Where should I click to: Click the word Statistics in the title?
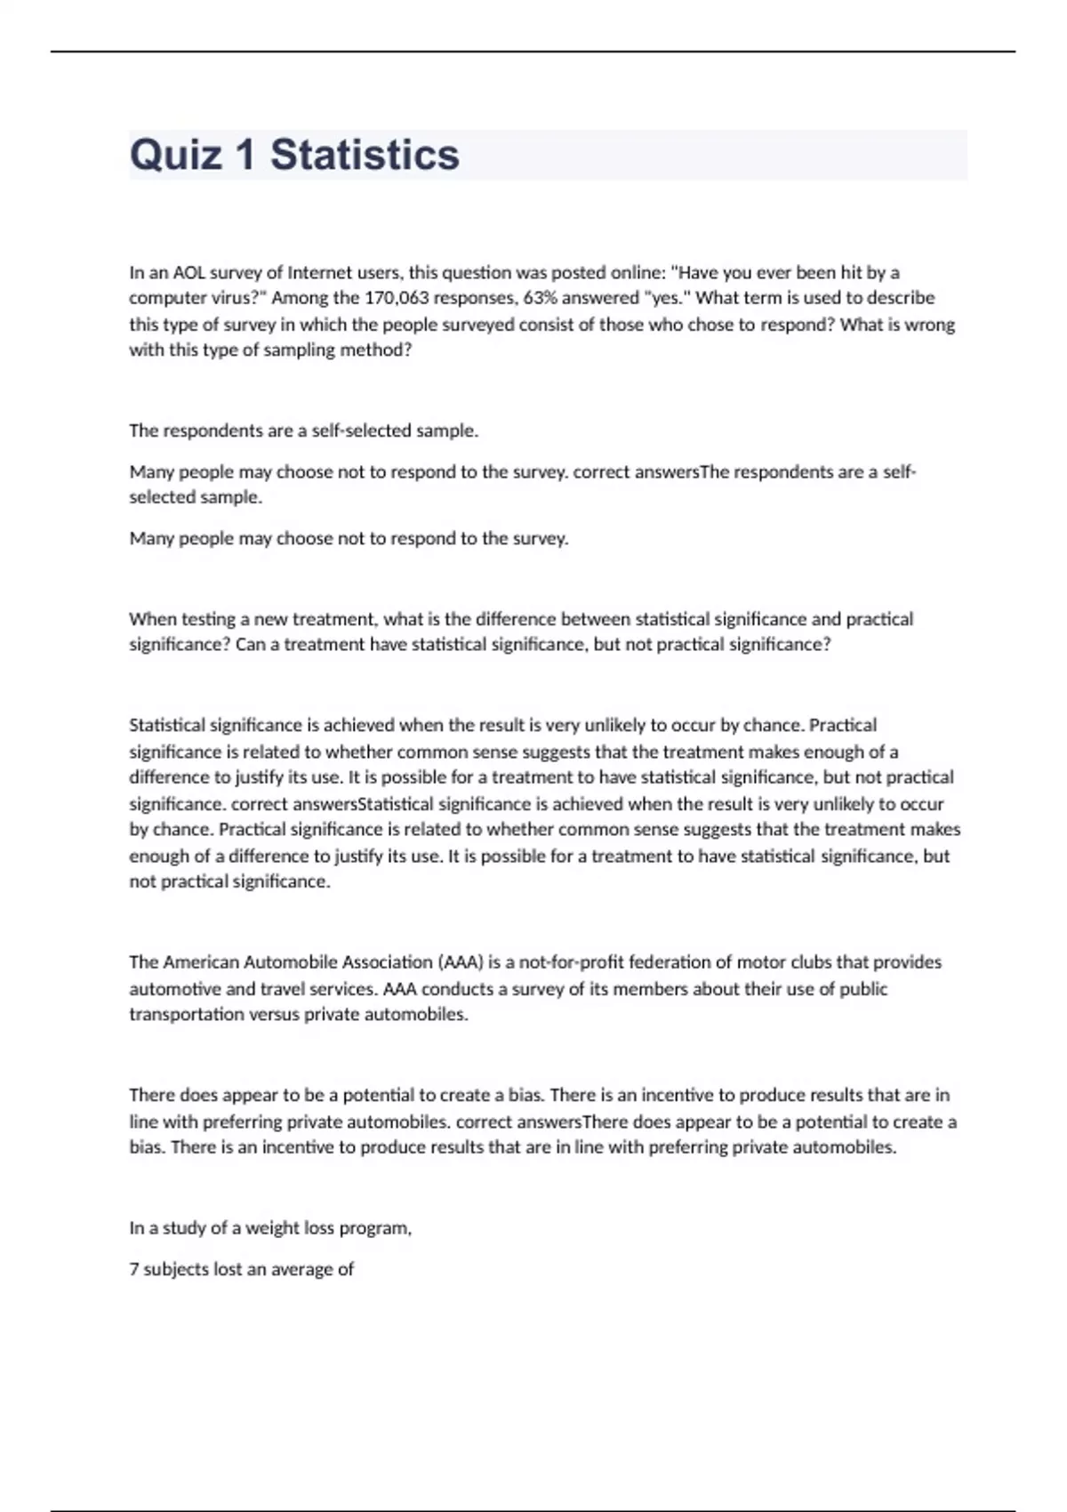tap(365, 155)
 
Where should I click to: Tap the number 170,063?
tap(397, 298)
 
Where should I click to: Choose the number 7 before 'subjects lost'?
tap(134, 1269)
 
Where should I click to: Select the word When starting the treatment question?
tap(152, 619)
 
